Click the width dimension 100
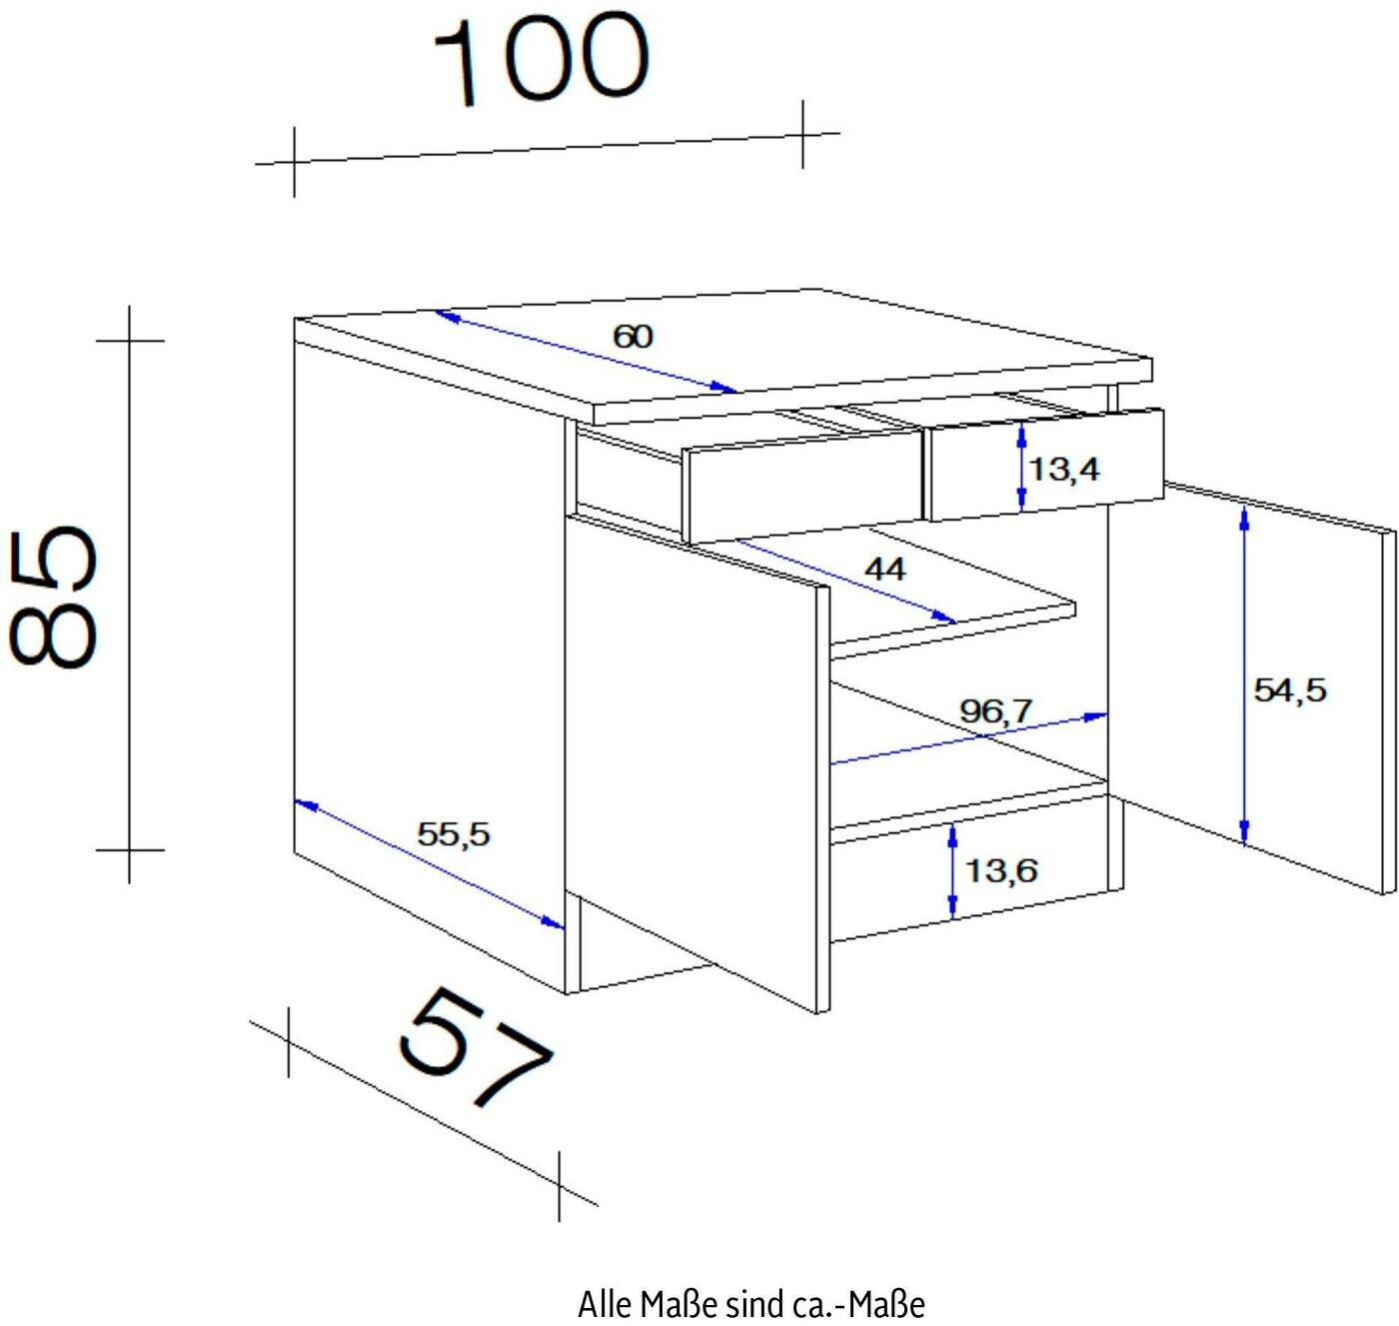tap(543, 62)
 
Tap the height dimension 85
tap(52, 597)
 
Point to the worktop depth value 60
tap(633, 337)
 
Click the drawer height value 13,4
tap(1064, 469)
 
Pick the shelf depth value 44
tap(885, 569)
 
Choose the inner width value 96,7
tap(995, 710)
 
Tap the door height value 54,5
tap(1290, 690)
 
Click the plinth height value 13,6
tap(1001, 870)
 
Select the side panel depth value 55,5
tap(454, 834)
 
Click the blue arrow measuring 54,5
tap(1244, 674)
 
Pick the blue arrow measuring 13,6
tap(952, 870)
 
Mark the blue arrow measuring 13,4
tap(1022, 467)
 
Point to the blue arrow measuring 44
tap(845, 582)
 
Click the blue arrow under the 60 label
tap(585, 352)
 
